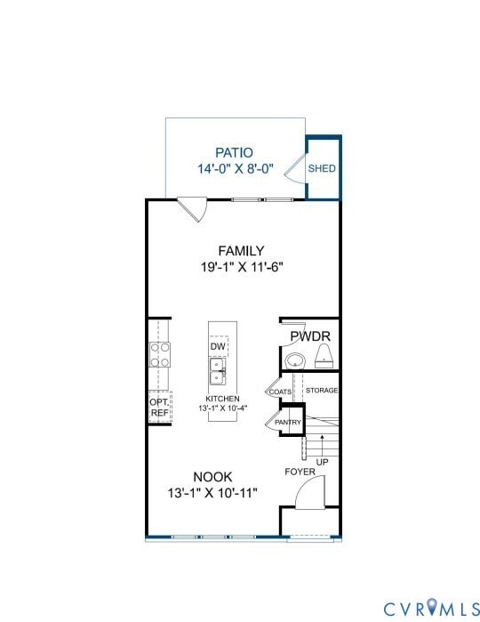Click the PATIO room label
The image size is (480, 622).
pos(234,153)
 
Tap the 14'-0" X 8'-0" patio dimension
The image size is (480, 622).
pos(234,168)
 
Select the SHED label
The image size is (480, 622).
pos(322,168)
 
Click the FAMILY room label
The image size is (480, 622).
pos(242,251)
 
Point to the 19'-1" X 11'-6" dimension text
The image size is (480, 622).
pos(242,266)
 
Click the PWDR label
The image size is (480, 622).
pos(310,335)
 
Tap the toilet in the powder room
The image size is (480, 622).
pos(324,357)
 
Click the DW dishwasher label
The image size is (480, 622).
pos(217,346)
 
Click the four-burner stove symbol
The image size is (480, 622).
pos(160,355)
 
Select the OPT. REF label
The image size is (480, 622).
pos(159,408)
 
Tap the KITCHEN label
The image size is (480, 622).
pos(222,399)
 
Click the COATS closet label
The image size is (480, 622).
pos(281,392)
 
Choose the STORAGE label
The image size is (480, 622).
pos(321,391)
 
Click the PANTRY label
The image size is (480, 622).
pos(288,422)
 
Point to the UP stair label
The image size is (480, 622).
pos(323,463)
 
